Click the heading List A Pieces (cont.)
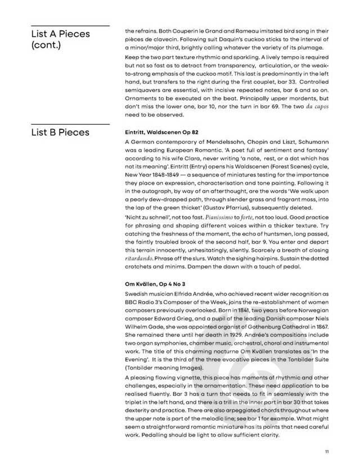pyautogui.click(x=60, y=39)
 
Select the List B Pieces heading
pyautogui.click(x=60, y=132)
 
